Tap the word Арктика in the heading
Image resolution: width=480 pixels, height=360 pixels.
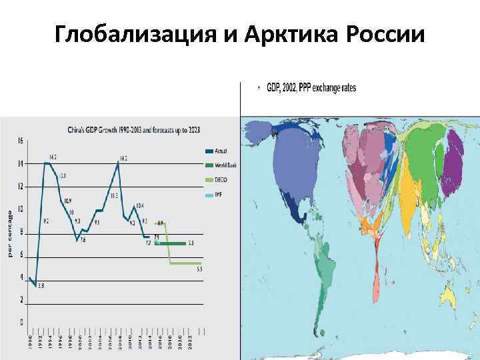[x=283, y=33]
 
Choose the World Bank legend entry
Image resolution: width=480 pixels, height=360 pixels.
[x=221, y=165]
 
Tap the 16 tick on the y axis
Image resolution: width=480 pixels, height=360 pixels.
[x=21, y=141]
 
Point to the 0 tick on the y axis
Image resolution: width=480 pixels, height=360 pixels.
[x=21, y=323]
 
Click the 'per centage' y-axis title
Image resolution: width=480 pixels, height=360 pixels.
[x=9, y=233]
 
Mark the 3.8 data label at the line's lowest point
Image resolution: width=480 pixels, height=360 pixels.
[x=40, y=286]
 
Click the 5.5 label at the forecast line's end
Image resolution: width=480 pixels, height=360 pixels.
[x=199, y=269]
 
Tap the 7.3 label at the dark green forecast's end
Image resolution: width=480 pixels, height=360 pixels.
[x=191, y=243]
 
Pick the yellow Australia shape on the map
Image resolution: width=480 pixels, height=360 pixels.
[x=450, y=294]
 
